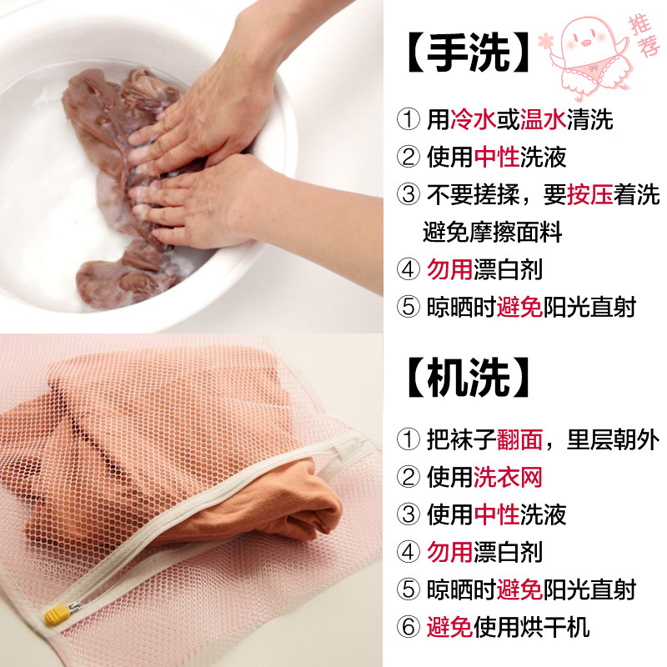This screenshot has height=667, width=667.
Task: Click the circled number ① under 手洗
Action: pyautogui.click(x=408, y=120)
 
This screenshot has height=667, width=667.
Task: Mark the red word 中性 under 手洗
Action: pyautogui.click(x=496, y=157)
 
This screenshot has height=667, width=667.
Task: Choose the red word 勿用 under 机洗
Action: pyautogui.click(x=449, y=551)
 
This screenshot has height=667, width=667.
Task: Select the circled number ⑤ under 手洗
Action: pyautogui.click(x=408, y=307)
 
